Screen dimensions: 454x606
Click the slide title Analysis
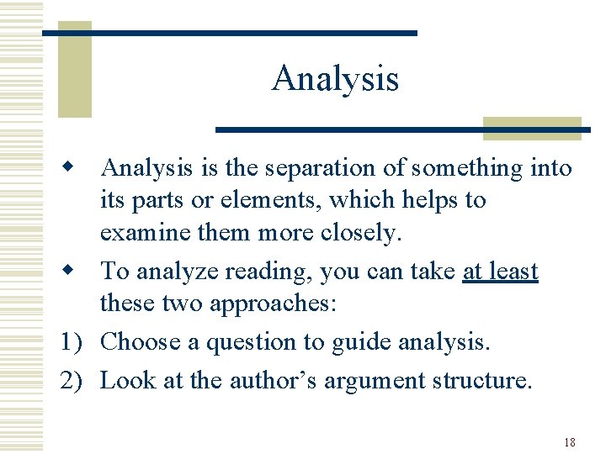click(x=335, y=79)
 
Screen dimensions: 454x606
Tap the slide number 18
click(x=569, y=442)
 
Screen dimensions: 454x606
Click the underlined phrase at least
click(x=500, y=272)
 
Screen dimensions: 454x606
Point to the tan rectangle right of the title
click(x=532, y=128)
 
